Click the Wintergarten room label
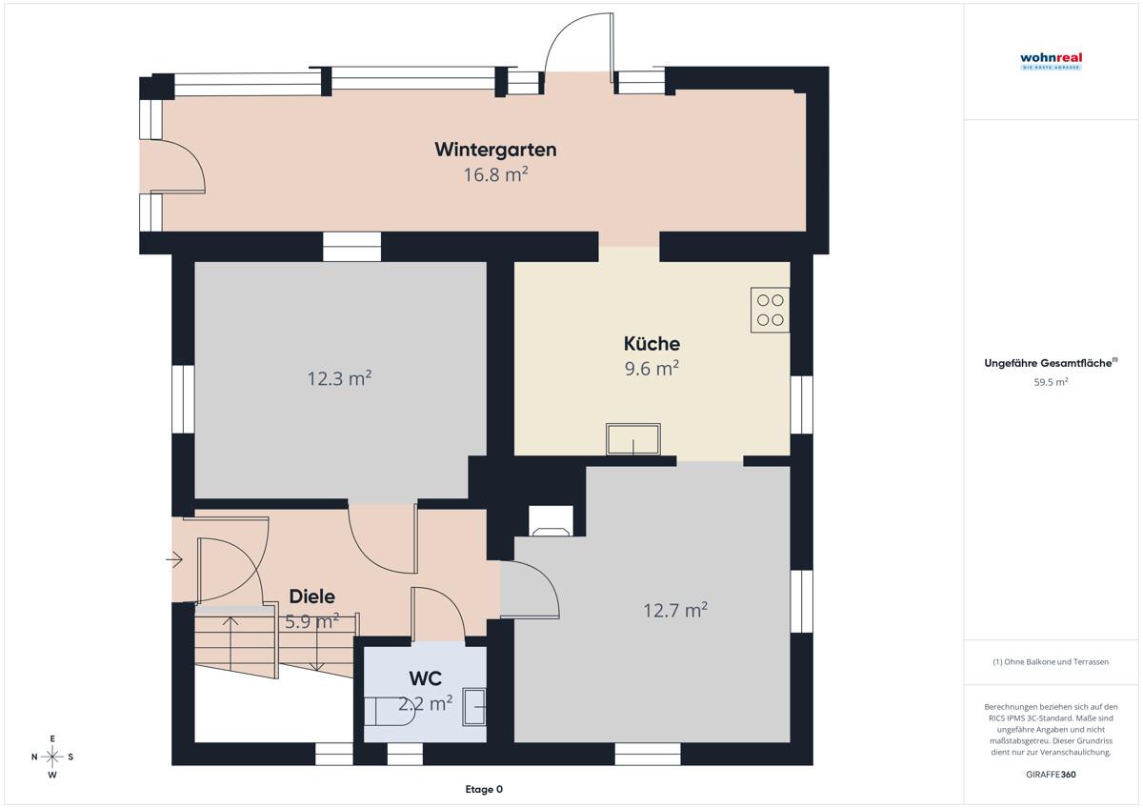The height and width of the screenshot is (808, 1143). [495, 150]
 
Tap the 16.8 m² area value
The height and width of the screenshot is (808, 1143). [495, 174]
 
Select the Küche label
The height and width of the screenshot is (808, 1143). [652, 343]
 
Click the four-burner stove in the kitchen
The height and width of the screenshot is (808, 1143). [770, 311]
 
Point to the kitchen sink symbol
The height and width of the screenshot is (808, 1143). [633, 439]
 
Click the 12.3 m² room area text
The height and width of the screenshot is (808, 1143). [339, 378]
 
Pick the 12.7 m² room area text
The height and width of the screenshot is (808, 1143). [675, 610]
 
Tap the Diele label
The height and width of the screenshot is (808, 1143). [312, 596]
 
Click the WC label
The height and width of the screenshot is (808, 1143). [425, 678]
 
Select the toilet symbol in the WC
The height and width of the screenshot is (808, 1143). [390, 711]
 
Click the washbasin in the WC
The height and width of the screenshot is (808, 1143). [474, 706]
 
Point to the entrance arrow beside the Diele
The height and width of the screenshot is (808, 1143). [174, 559]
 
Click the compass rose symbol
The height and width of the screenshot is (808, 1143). [52, 757]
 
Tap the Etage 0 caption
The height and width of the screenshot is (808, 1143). [484, 789]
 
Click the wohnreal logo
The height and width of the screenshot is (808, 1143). [1052, 61]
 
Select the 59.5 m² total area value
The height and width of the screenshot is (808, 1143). [1052, 382]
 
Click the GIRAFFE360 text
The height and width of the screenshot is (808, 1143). [1052, 775]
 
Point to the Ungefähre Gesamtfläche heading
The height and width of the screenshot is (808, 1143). [1051, 363]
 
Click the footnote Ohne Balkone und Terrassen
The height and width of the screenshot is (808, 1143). [1051, 661]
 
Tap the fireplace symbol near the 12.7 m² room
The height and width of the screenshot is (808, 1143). [551, 521]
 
